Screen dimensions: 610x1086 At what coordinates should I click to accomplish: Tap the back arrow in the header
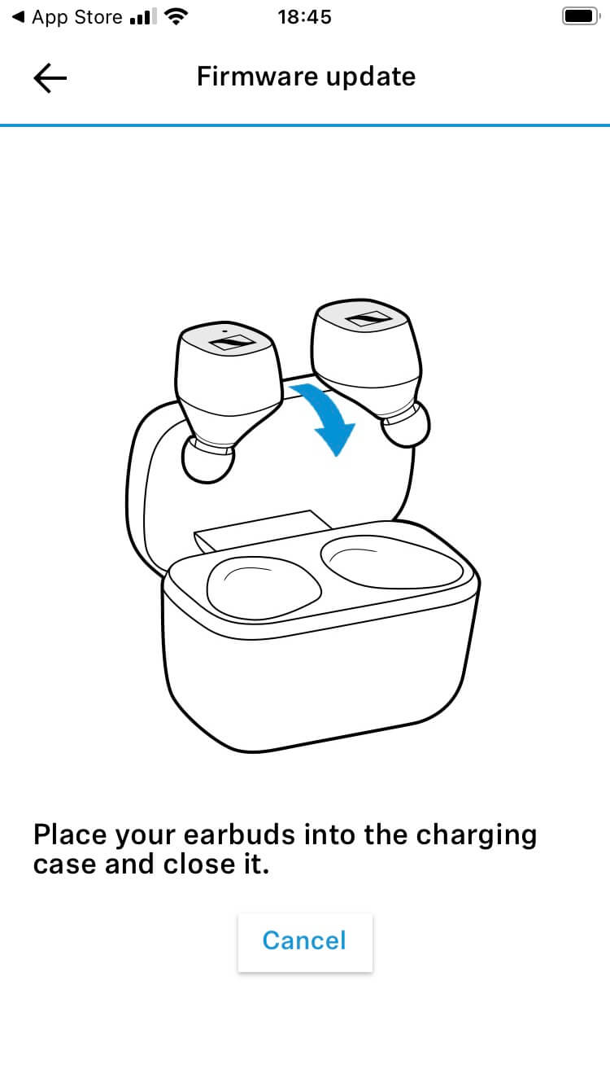tap(50, 77)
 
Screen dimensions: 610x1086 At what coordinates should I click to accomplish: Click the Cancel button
tap(305, 942)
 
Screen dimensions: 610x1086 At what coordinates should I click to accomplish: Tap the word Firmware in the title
tap(258, 77)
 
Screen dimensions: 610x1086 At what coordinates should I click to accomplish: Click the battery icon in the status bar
tap(581, 16)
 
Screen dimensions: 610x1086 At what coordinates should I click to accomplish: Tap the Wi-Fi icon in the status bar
tap(176, 16)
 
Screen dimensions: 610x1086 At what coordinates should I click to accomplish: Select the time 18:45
tap(305, 17)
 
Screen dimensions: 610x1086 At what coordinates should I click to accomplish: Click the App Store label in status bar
tap(77, 17)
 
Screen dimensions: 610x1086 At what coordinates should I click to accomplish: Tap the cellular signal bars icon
tap(143, 17)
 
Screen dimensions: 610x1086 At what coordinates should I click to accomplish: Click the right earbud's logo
tap(368, 319)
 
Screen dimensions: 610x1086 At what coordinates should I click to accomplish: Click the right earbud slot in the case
tap(391, 562)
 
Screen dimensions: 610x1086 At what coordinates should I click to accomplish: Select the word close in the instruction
tap(199, 865)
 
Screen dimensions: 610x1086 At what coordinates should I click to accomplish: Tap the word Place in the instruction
tap(70, 835)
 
